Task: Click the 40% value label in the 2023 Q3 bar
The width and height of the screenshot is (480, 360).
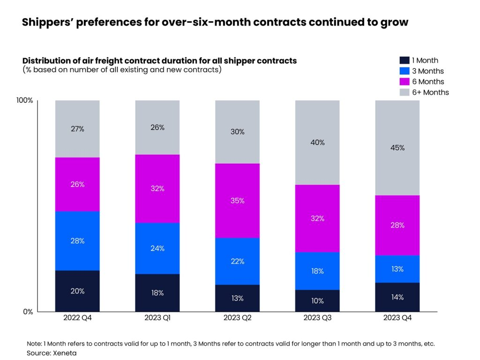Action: [317, 142]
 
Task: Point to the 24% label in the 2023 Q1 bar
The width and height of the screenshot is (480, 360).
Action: [157, 248]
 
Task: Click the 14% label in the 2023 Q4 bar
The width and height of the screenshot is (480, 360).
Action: [397, 297]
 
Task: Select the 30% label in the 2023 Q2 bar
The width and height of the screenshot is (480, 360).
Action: [237, 132]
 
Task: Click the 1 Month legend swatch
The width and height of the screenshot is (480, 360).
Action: [404, 60]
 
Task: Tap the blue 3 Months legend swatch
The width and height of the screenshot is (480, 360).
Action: [404, 71]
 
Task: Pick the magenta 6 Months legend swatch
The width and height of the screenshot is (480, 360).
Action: [404, 82]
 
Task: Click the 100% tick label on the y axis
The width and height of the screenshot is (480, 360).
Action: [24, 101]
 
